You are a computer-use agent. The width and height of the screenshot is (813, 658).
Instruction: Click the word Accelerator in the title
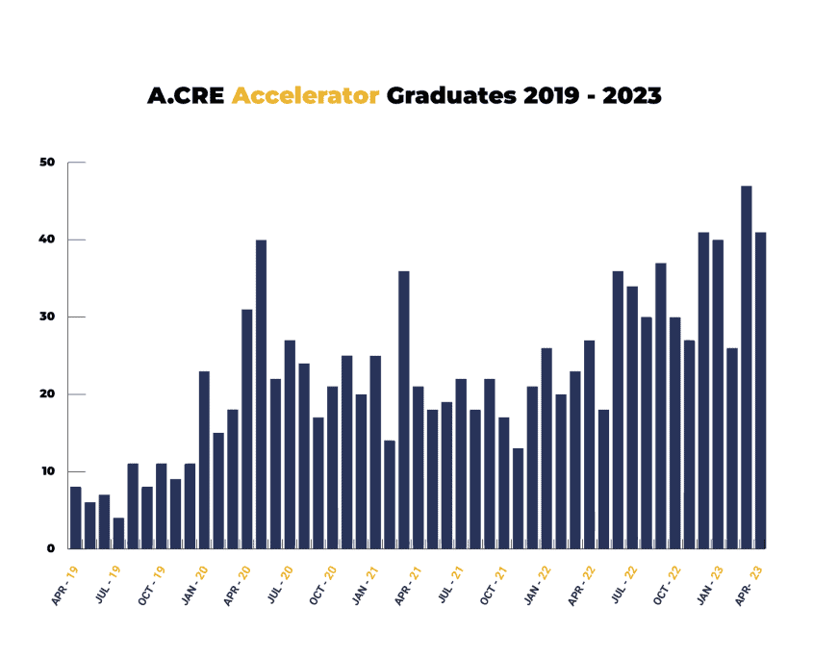pyautogui.click(x=305, y=96)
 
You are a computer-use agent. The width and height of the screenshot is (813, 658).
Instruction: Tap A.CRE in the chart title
pyautogui.click(x=186, y=96)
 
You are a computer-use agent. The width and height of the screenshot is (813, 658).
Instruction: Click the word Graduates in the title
pyautogui.click(x=451, y=96)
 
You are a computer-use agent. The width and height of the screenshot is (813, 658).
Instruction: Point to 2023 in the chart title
pyautogui.click(x=632, y=96)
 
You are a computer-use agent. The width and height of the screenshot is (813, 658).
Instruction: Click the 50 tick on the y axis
pyautogui.click(x=47, y=163)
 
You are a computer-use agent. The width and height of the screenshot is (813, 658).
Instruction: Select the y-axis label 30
pyautogui.click(x=47, y=316)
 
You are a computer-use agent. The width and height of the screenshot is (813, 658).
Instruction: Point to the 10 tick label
pyautogui.click(x=48, y=471)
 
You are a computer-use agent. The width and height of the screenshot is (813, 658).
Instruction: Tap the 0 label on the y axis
pyautogui.click(x=50, y=548)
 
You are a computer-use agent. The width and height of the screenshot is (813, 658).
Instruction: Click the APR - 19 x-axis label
pyautogui.click(x=64, y=586)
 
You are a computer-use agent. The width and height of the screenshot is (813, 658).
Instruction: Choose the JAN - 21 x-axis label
pyautogui.click(x=366, y=586)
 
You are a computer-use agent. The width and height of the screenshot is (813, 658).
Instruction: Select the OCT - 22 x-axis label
pyautogui.click(x=667, y=586)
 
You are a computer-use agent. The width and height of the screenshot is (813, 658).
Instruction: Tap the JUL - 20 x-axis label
pyautogui.click(x=280, y=585)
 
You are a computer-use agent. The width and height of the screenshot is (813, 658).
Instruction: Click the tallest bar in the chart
pyautogui.click(x=746, y=367)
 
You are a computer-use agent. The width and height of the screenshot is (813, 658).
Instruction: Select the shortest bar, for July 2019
pyautogui.click(x=118, y=533)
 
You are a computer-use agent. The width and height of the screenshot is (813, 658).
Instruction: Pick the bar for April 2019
pyautogui.click(x=76, y=518)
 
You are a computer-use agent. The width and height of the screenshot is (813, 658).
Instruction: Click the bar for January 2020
pyautogui.click(x=204, y=460)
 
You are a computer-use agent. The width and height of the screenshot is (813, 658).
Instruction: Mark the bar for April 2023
pyautogui.click(x=761, y=391)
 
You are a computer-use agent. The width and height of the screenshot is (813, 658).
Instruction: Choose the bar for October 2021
pyautogui.click(x=503, y=483)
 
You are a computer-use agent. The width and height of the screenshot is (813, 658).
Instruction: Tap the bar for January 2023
pyautogui.click(x=718, y=394)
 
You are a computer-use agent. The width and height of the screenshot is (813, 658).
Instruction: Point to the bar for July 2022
pyautogui.click(x=632, y=418)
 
